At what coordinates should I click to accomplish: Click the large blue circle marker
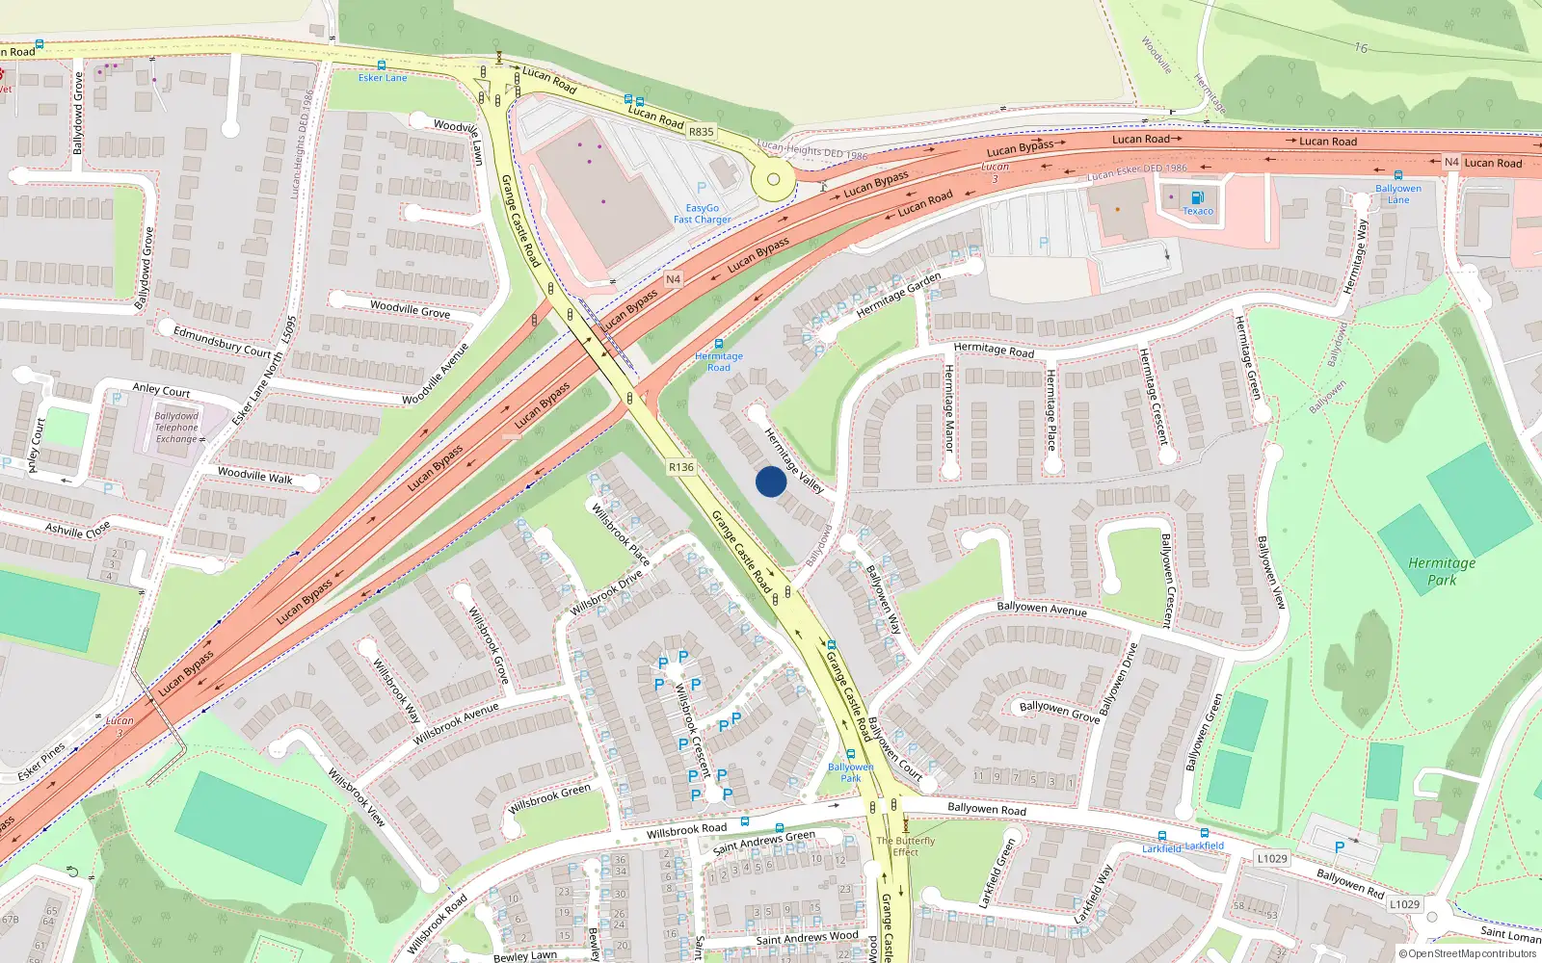pyautogui.click(x=770, y=481)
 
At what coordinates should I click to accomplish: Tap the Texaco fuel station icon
pyautogui.click(x=1197, y=197)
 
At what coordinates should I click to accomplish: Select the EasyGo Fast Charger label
pyautogui.click(x=702, y=214)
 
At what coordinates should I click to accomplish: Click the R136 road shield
pyautogui.click(x=681, y=467)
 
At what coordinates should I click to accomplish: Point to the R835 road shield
pyautogui.click(x=702, y=132)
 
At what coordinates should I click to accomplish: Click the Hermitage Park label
pyautogui.click(x=1442, y=571)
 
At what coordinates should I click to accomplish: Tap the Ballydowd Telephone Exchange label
pyautogui.click(x=176, y=428)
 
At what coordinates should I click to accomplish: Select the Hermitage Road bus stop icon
pyautogui.click(x=718, y=344)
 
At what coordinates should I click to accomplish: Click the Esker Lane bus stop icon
pyautogui.click(x=382, y=65)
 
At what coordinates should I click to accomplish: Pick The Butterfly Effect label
pyautogui.click(x=905, y=846)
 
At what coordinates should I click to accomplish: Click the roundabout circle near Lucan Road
pyautogui.click(x=773, y=179)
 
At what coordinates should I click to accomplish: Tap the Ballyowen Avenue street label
pyautogui.click(x=1041, y=609)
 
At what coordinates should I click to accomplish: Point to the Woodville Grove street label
pyautogui.click(x=410, y=309)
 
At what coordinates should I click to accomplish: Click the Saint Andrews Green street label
pyautogui.click(x=763, y=843)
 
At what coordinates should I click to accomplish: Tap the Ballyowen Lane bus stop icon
pyautogui.click(x=1397, y=176)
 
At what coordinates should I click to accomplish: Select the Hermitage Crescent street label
pyautogui.click(x=1153, y=396)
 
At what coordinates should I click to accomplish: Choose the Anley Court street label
pyautogui.click(x=161, y=390)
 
